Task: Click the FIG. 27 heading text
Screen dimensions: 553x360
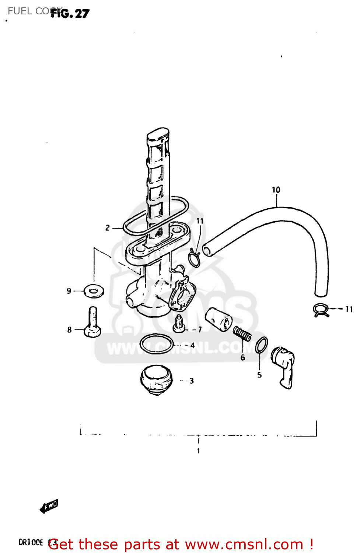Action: [70, 14]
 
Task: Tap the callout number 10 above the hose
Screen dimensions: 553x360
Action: [276, 190]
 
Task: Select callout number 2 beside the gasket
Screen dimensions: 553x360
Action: [108, 228]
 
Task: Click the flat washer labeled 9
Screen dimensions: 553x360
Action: [94, 291]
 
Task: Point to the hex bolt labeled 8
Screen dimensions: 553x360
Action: [92, 323]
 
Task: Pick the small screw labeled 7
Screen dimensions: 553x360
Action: [179, 324]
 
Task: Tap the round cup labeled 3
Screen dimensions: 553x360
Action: [156, 380]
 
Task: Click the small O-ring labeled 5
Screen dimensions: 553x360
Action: [261, 345]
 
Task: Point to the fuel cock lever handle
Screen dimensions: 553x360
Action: [284, 367]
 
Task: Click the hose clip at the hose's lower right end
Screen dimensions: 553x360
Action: [321, 310]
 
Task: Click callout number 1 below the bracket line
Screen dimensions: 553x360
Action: [198, 451]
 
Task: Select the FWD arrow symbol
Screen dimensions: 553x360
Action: [49, 506]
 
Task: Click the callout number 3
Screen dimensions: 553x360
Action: [192, 381]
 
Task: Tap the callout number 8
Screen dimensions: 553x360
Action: [69, 330]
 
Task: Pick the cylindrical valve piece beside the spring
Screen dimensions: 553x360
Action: [218, 319]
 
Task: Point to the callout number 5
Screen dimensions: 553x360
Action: [259, 375]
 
